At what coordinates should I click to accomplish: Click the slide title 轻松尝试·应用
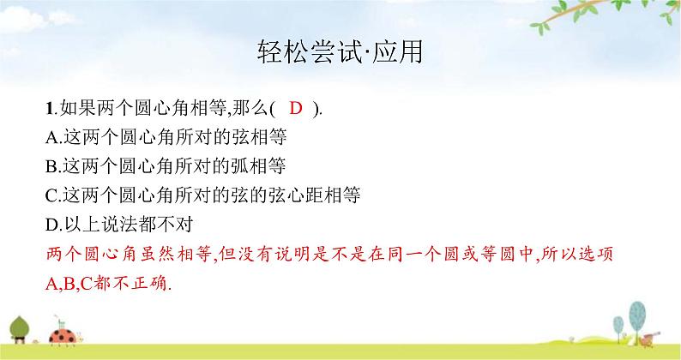tap(340, 52)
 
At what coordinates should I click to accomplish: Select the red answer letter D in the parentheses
tap(296, 108)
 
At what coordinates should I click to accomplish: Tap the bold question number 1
tap(48, 108)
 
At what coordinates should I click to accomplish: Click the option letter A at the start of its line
tap(48, 136)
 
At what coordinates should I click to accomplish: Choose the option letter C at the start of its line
tap(48, 195)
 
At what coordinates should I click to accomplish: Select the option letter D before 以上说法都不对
tap(48, 225)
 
